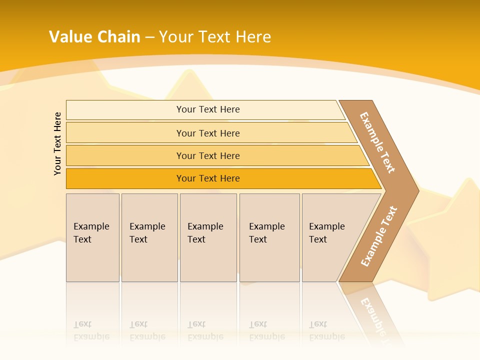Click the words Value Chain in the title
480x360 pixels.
pyautogui.click(x=94, y=37)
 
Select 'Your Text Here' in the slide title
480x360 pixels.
pyautogui.click(x=215, y=37)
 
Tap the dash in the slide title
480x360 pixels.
pyautogui.click(x=149, y=37)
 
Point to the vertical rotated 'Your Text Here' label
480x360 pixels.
pyautogui.click(x=58, y=144)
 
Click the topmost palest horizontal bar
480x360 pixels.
pyautogui.click(x=207, y=109)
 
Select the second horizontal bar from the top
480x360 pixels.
pyautogui.click(x=207, y=133)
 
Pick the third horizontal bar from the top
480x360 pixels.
pyautogui.click(x=207, y=155)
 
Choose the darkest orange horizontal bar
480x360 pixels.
pyautogui.click(x=207, y=178)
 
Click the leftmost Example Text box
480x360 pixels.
pyautogui.click(x=92, y=237)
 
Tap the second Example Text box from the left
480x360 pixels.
pyautogui.click(x=149, y=237)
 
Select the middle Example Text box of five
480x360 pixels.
pyautogui.click(x=208, y=237)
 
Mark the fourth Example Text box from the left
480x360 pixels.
pyautogui.click(x=269, y=237)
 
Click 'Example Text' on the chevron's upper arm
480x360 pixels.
pyautogui.click(x=378, y=142)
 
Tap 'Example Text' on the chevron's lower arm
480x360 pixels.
pyautogui.click(x=379, y=236)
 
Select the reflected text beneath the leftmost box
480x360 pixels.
pyautogui.click(x=91, y=330)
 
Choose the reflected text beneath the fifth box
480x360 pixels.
pyautogui.click(x=326, y=330)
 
